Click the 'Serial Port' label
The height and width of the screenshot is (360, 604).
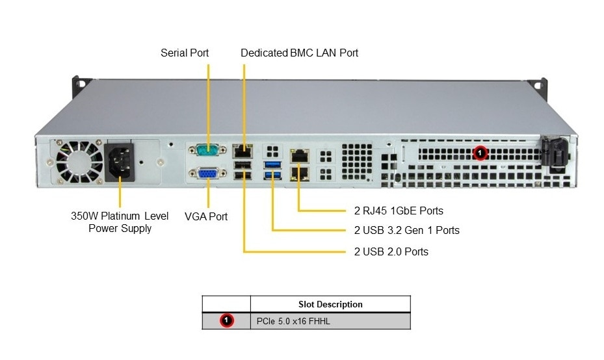click(x=185, y=53)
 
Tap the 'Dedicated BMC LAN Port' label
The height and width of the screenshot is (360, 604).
click(x=299, y=53)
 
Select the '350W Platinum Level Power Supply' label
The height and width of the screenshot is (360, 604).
click(x=120, y=222)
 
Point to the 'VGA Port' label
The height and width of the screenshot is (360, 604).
click(x=206, y=216)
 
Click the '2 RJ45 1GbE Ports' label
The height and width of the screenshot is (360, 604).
click(x=399, y=211)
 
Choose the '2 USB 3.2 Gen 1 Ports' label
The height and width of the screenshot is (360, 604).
click(x=406, y=230)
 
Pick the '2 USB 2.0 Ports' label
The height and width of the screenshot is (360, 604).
click(x=391, y=251)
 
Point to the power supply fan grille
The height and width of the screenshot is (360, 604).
click(x=77, y=161)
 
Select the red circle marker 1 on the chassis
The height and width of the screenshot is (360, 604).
click(x=480, y=153)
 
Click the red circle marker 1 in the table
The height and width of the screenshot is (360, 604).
click(x=226, y=320)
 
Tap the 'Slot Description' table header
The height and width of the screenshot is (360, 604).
click(x=330, y=304)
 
